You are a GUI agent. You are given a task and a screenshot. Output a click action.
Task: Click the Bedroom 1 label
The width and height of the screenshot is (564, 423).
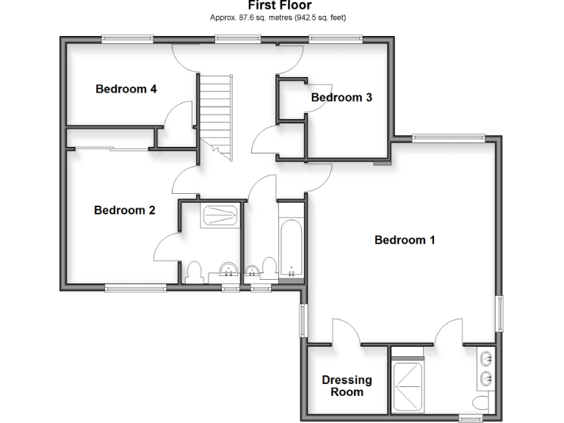(405, 240)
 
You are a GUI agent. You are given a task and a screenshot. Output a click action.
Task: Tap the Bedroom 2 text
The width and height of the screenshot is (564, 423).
(124, 211)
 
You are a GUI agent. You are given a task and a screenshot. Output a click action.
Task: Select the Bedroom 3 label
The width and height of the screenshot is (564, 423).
(341, 98)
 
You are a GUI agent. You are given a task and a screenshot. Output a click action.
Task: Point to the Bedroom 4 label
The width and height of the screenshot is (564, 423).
(126, 90)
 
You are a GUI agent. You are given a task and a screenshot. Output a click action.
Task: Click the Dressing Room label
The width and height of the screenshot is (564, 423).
(347, 386)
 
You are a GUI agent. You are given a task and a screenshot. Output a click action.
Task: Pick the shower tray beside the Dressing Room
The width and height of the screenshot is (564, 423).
(408, 386)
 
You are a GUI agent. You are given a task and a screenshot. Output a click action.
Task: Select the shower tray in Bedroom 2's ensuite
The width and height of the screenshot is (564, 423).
(220, 216)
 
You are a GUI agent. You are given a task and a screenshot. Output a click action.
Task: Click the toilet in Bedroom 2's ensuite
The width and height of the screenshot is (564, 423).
(195, 271)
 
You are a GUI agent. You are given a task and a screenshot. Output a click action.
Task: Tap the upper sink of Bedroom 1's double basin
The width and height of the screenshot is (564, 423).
(486, 359)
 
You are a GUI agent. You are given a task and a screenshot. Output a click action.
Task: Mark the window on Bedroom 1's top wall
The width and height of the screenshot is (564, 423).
(449, 137)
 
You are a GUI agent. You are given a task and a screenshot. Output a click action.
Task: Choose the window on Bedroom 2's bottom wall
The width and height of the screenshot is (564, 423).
(136, 288)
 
